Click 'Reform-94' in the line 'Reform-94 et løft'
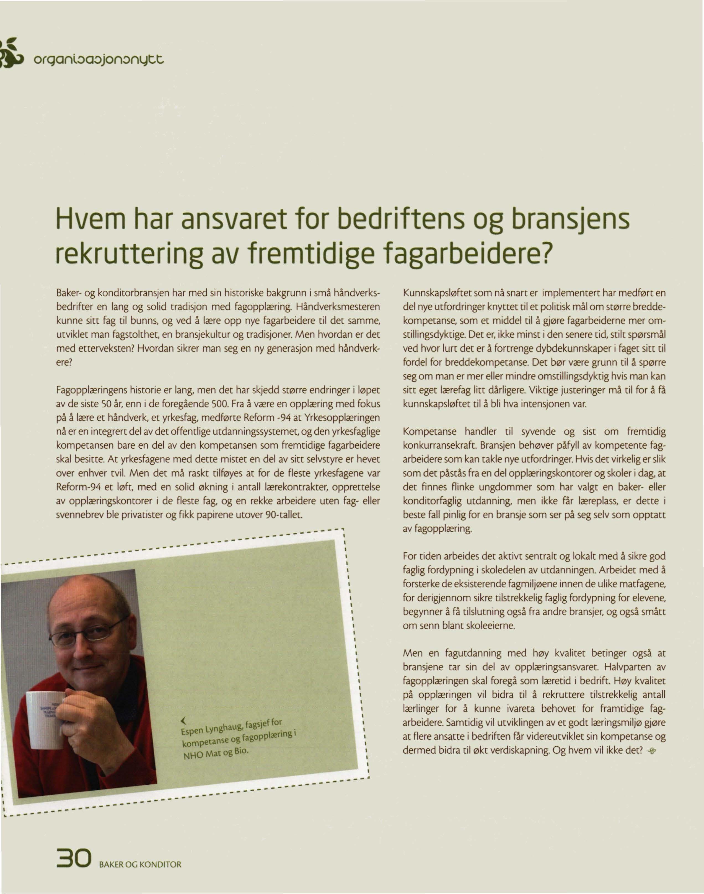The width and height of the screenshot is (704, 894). click(78, 487)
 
